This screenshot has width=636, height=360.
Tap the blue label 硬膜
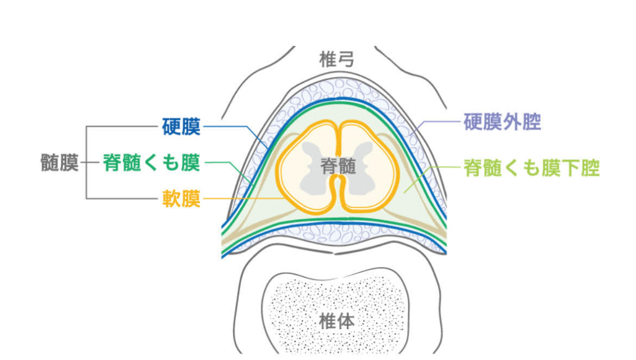tap(181, 127)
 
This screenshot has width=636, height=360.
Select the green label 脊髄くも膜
tap(152, 163)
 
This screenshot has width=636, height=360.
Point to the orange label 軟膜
tap(181, 198)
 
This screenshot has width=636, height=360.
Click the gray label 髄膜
tap(60, 163)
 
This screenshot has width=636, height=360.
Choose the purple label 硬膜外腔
tap(502, 122)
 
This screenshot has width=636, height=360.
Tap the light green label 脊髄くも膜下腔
tap(531, 168)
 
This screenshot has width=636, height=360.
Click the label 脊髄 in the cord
tap(338, 166)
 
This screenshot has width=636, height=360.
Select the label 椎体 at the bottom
tap(338, 320)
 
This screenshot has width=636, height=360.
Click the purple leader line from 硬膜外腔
tap(435, 122)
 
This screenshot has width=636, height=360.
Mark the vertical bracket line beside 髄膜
tap(86, 163)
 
